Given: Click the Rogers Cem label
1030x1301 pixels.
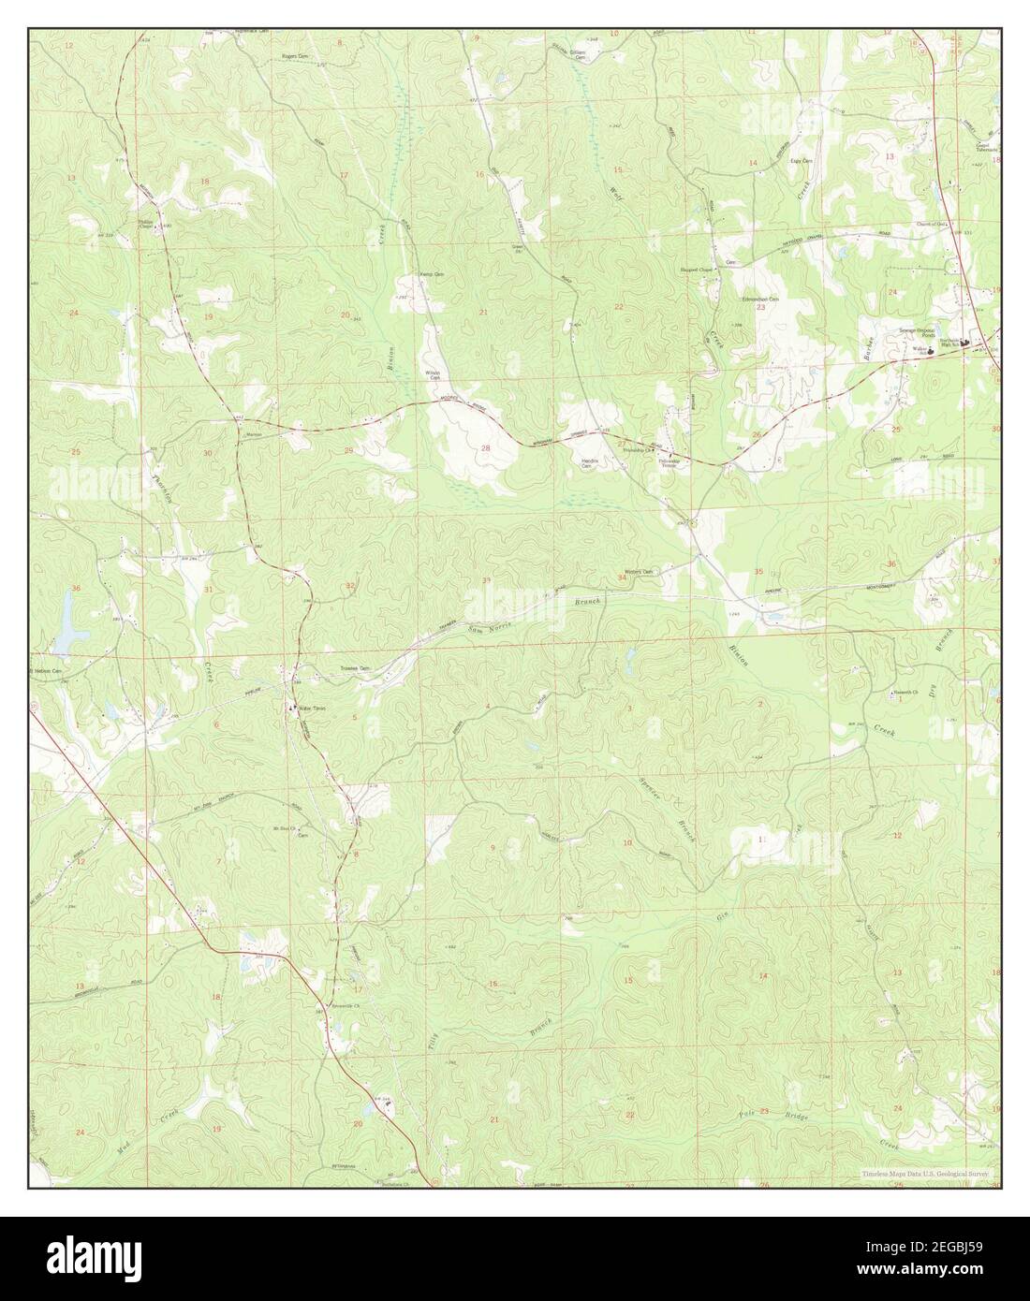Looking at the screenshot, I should tap(295, 56).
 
